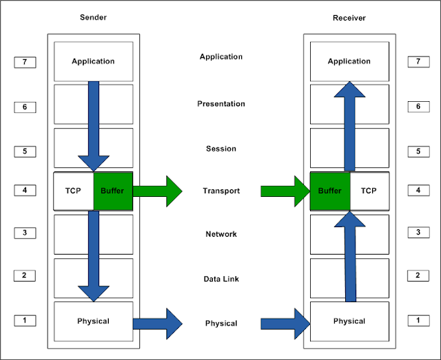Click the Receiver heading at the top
349,18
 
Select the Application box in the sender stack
93,61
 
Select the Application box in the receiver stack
349,61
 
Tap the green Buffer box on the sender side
112,191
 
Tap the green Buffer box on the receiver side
329,191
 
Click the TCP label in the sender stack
74,191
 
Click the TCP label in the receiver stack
369,191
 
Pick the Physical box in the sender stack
93,321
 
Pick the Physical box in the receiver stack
349,321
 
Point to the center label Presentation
221,104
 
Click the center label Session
221,149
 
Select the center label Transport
221,191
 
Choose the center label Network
221,234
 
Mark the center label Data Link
221,279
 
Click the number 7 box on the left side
25,63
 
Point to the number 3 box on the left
25,233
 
